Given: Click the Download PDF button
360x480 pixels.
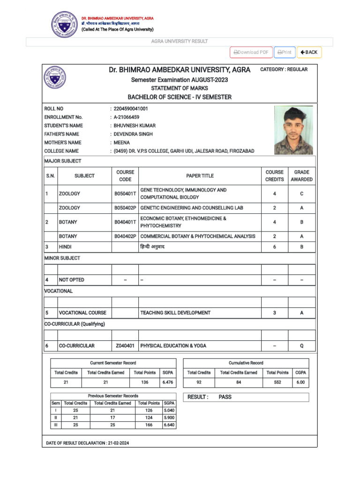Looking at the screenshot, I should pos(251,52).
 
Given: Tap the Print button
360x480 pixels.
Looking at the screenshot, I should pos(285,52).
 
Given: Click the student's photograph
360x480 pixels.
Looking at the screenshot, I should pos(293,130).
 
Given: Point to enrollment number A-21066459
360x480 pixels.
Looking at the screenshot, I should pos(126,117).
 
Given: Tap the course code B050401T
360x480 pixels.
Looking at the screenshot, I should pos(125,194).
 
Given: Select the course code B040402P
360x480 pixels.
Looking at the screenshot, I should pos(125,236).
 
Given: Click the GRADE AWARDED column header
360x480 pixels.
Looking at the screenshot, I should pos(301,176).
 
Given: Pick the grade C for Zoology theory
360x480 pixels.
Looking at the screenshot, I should pos(301,194).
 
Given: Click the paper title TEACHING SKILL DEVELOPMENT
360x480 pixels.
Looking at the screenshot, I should pos(175,313).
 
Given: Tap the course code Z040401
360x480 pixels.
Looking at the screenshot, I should pos(125,346).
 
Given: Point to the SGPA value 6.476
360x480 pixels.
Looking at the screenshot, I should pos(167,382).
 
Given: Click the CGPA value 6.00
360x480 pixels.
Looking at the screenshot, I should pos(300,382).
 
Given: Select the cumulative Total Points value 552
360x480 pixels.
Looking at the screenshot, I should pos(277,382).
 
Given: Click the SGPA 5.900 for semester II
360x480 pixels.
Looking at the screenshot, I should pos(169,417).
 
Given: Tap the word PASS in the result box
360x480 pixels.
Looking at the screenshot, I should pos(225,397).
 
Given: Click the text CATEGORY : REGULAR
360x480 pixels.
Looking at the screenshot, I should pos(284,69).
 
